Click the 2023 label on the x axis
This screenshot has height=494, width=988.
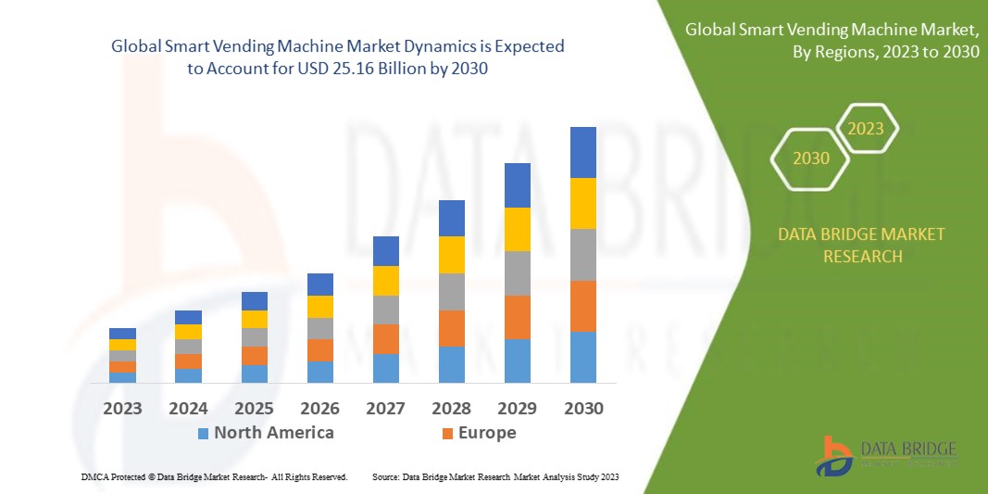[x=122, y=408]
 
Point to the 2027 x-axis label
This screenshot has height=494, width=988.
[x=386, y=408]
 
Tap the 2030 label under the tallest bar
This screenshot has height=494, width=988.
[x=582, y=408]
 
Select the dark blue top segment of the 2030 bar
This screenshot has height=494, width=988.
[x=582, y=152]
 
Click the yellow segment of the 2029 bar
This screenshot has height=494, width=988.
[x=517, y=229]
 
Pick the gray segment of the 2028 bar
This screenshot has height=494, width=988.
[x=451, y=291]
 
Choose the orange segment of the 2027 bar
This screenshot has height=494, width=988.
[x=386, y=338]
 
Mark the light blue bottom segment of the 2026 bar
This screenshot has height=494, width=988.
[x=320, y=372]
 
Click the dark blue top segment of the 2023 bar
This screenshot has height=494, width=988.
[x=122, y=334]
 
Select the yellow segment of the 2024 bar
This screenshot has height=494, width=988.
[x=188, y=332]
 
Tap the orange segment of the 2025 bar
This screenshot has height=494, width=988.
[x=255, y=355]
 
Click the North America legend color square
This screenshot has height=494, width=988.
[x=203, y=433]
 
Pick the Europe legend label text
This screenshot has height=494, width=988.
[x=486, y=433]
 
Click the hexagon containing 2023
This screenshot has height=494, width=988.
[x=867, y=129]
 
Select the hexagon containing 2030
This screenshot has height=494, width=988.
[x=811, y=158]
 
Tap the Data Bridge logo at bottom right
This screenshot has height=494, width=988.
[x=884, y=455]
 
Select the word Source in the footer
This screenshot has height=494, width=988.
[x=385, y=476]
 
